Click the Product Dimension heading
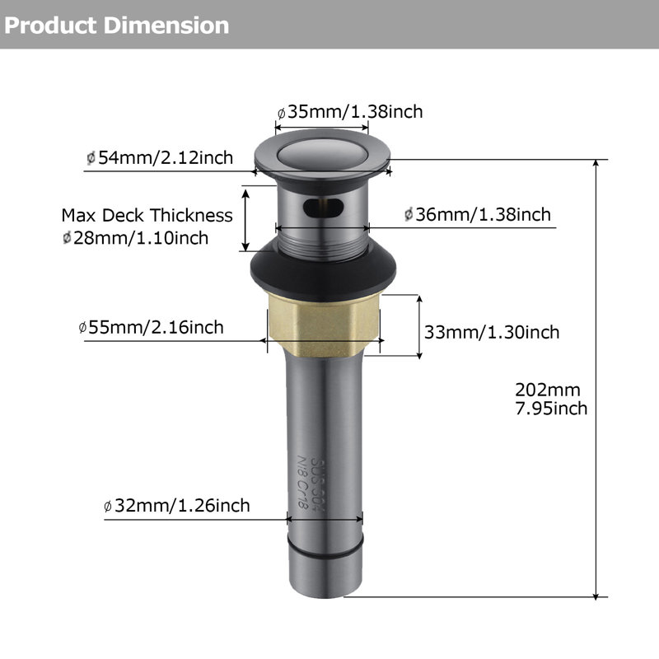point(117,26)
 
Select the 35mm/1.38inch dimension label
point(350,112)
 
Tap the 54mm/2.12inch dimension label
point(160,157)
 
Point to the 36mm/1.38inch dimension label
point(478,214)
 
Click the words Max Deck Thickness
point(147,215)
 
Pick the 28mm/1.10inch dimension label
point(135,238)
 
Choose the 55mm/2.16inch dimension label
point(151,327)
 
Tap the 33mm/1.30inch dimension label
point(492,332)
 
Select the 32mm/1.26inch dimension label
point(176,505)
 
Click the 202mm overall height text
point(548,390)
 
